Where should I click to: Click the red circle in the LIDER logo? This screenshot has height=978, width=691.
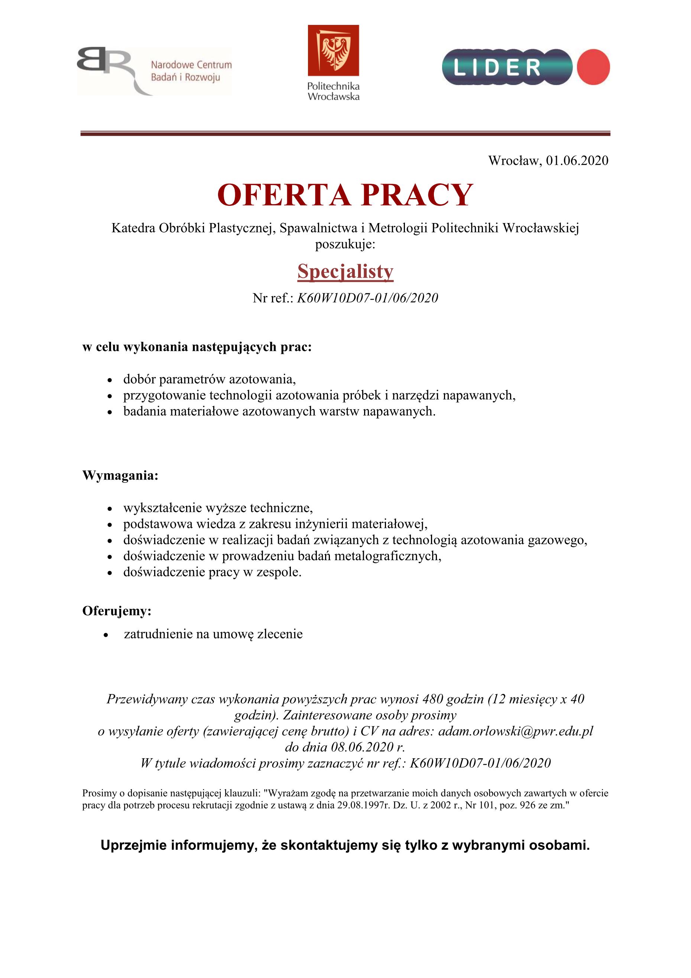(593, 67)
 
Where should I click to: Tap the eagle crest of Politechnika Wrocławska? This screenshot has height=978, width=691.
(333, 50)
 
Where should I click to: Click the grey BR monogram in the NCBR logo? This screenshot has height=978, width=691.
(104, 64)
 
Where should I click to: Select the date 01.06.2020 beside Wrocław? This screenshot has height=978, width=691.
(577, 161)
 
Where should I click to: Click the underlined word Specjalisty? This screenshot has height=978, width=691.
(345, 271)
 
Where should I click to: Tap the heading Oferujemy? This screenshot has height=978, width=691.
(117, 611)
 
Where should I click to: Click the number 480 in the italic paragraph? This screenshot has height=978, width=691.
(434, 699)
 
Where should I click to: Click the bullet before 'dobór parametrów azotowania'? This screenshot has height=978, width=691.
(110, 380)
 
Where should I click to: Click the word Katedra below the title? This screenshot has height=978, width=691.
(133, 228)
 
